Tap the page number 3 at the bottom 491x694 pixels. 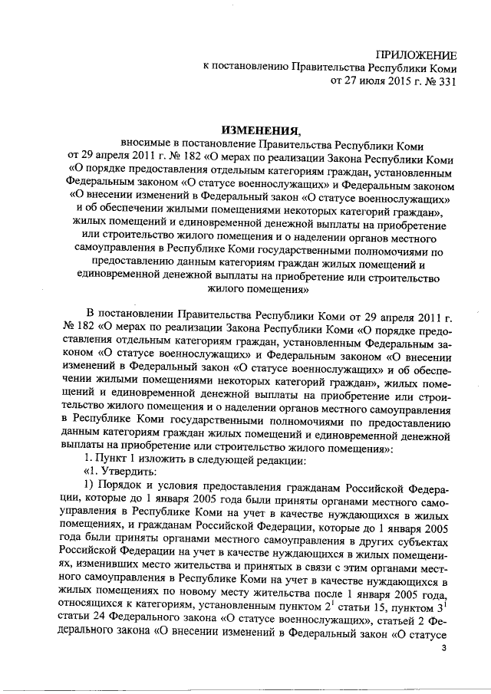click(x=443, y=650)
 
